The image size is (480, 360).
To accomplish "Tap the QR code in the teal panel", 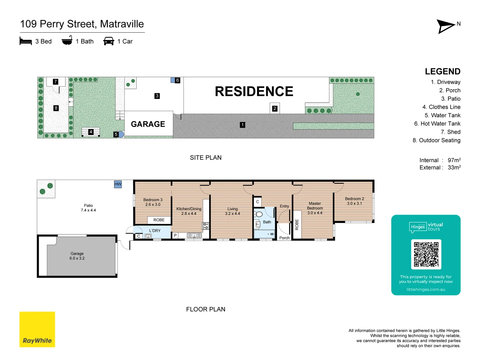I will coord(426,254).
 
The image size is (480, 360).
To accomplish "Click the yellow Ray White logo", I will coord(37,329).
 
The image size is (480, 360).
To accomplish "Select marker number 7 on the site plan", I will coord(56,81).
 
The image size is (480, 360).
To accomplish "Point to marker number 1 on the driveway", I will coord(242,125).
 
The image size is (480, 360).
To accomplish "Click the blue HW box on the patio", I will coord(118,184).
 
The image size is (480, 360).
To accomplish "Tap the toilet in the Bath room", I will coord(259,214).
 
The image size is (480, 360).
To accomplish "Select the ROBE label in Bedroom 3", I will coord(159,220).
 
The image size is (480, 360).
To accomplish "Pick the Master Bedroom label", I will coord(315,206).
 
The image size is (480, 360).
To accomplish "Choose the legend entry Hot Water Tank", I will coord(437,124).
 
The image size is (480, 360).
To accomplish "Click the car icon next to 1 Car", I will coord(109,41).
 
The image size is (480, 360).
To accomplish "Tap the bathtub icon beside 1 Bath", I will coord(67,41).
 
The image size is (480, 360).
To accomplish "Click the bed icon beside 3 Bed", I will coord(26,41).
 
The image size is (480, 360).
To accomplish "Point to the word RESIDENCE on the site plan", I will coord(254,91).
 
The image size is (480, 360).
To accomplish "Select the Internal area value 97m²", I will coord(454,160).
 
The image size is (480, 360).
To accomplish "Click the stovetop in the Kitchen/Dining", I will coord(206,226).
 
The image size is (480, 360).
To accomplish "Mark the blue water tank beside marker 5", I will coord(121,134).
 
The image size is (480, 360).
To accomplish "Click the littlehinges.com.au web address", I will coord(426,289).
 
